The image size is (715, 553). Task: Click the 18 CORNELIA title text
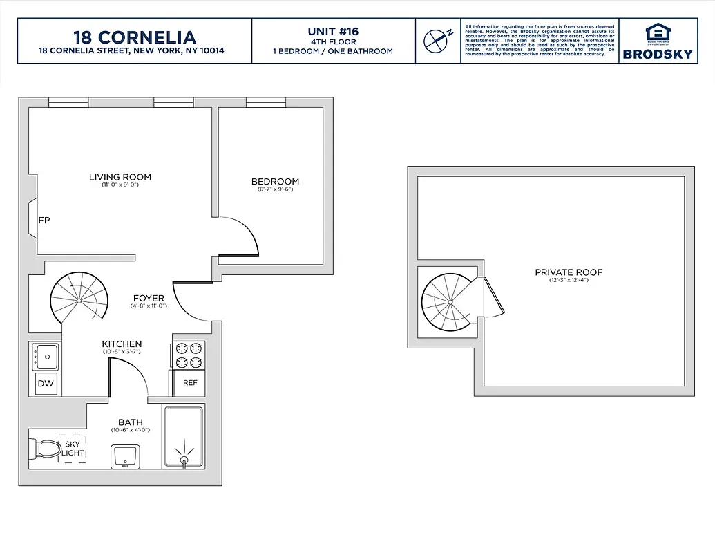point(135,37)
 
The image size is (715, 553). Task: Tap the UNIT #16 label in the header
point(333,31)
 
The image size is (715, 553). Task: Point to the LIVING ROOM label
point(120,177)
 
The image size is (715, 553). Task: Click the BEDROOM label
point(275,182)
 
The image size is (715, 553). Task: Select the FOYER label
point(149,299)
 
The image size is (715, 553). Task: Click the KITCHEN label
point(122,344)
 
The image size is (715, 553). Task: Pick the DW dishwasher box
point(45,383)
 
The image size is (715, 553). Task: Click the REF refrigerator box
point(189,383)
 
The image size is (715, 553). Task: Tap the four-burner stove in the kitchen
point(189,355)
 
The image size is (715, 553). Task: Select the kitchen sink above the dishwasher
point(46,357)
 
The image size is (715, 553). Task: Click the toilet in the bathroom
point(45,449)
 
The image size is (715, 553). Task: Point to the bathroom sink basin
point(125,456)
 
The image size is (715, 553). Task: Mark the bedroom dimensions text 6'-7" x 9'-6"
point(275,189)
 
